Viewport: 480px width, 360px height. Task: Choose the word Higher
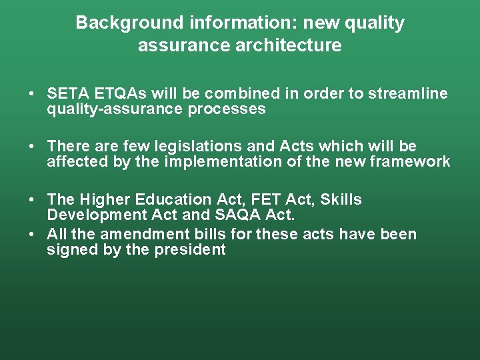[x=105, y=199]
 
